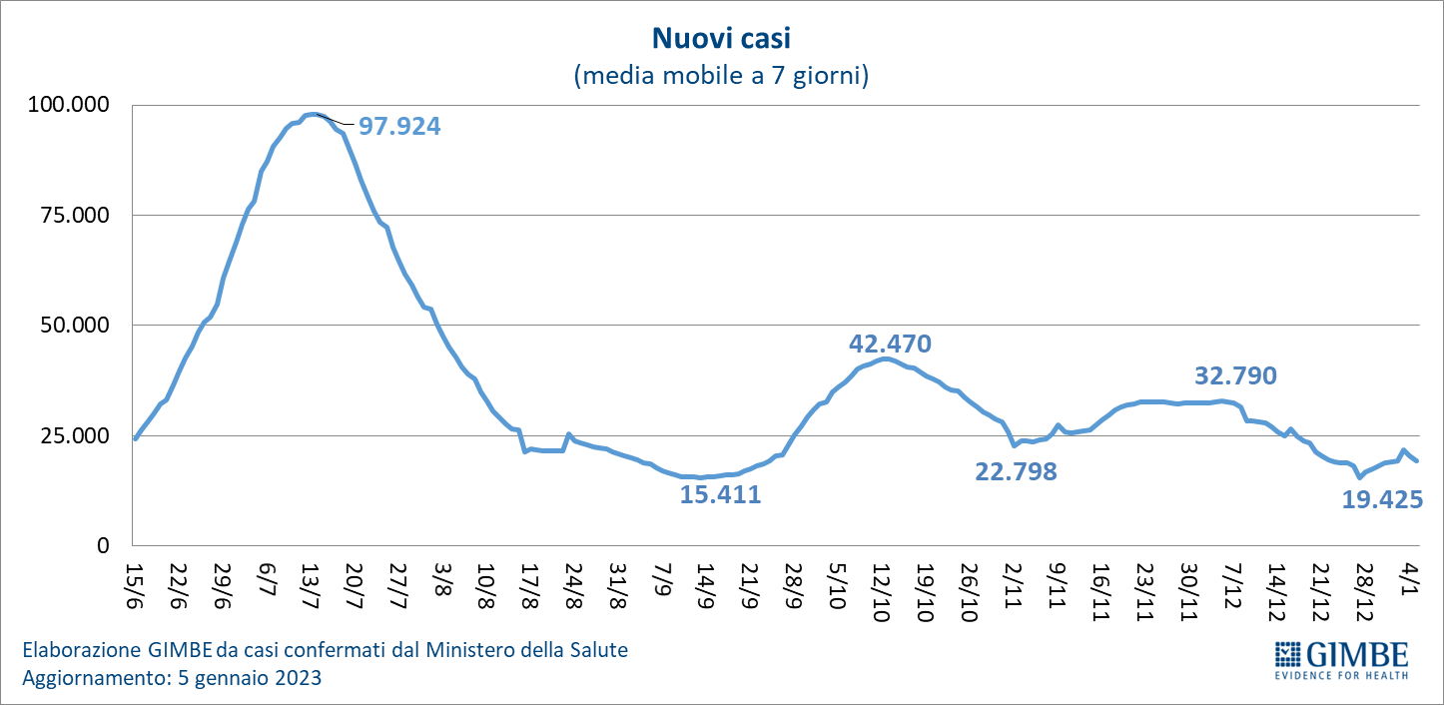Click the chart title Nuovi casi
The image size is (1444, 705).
coord(721,38)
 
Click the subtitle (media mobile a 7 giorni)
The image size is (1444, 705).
coord(721,76)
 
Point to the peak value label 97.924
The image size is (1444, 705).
coord(399,127)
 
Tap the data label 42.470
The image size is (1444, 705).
coord(890,344)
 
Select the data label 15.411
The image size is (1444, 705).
coord(720,493)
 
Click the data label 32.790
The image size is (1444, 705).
coord(1235,376)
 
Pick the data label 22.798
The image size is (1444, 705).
coord(1016,471)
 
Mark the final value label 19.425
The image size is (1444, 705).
coord(1382,499)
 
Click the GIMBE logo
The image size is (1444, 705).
coord(1341,660)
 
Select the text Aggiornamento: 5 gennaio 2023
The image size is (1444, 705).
coord(172,678)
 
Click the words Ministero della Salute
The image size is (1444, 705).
coord(527,651)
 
